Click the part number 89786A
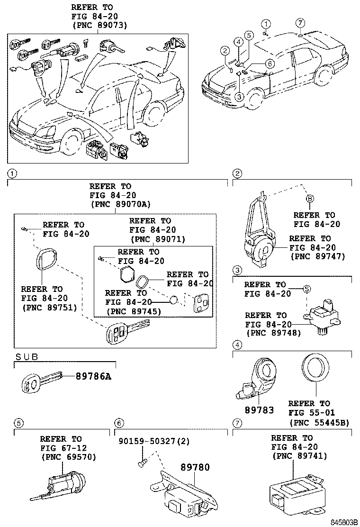94,376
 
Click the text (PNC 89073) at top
100,25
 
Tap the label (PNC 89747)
317,256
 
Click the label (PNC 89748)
273,333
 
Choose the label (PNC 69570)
69,457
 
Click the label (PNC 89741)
299,456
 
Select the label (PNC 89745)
135,311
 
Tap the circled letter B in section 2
309,199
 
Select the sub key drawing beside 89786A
41,381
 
